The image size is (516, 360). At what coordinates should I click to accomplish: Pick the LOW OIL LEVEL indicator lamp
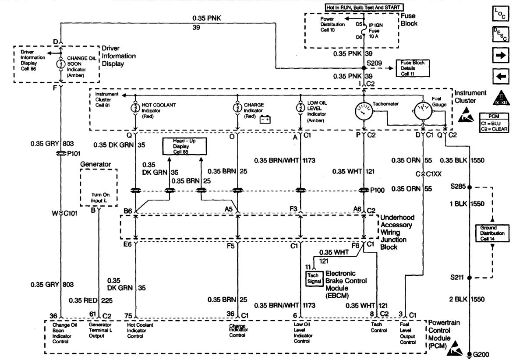click(x=300, y=108)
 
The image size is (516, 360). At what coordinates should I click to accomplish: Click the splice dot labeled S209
click(x=364, y=68)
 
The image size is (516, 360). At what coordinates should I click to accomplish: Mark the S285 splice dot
click(x=470, y=187)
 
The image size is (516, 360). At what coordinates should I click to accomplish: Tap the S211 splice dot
click(x=470, y=277)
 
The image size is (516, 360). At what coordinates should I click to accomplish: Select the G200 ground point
click(x=470, y=354)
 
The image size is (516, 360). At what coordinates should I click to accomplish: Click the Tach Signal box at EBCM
click(x=313, y=278)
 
